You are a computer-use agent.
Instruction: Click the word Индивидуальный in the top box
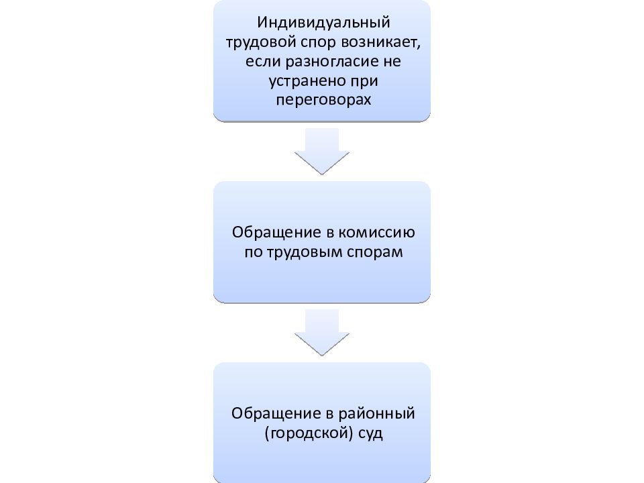coord(323,23)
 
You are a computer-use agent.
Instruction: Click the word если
coord(264,62)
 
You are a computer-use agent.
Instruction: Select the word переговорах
coord(323,100)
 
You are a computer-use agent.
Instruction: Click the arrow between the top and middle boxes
coord(322,151)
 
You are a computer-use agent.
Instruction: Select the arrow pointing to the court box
coord(322,332)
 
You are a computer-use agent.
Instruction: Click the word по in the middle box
coord(254,252)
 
